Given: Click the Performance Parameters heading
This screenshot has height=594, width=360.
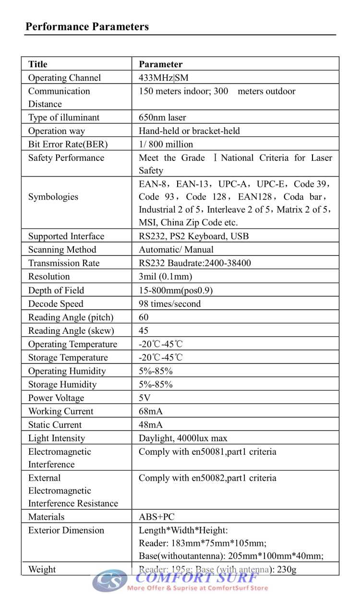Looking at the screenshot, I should coord(87,26).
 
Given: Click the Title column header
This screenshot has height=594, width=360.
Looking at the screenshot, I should coord(38,64).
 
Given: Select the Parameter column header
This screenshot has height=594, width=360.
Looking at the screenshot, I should coord(160,64).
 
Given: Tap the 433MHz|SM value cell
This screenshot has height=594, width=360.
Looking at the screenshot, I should coord(164,78).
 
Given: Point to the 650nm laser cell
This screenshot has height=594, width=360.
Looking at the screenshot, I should coord(162,118).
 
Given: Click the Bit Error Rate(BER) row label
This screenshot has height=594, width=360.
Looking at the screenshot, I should coord(68,145).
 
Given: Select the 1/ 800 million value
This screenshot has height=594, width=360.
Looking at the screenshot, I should coord(166,145).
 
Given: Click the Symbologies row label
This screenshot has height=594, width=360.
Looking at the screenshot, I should coord(53,197).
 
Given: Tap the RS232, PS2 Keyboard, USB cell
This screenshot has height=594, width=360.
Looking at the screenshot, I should coord(193,236).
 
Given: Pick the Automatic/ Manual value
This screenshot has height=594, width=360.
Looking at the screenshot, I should coord(176,250).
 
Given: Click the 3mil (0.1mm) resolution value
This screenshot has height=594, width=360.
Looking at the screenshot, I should coord(165,277).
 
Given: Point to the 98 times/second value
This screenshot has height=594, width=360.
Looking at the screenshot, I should coord(169,304).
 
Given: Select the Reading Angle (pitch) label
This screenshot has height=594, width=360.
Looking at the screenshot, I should coord(71,317).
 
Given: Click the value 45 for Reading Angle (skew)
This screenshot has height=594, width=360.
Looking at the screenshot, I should coord(144,331).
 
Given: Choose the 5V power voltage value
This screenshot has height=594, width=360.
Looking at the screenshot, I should coord(144,398).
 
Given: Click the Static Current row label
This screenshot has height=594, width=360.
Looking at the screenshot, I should coord(55,425).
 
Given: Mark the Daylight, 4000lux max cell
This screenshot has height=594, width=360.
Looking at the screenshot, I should coord(183,438).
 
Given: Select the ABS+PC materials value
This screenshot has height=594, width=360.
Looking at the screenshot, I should coord(156,517).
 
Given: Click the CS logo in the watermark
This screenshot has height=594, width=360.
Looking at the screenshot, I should coord(109,580).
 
